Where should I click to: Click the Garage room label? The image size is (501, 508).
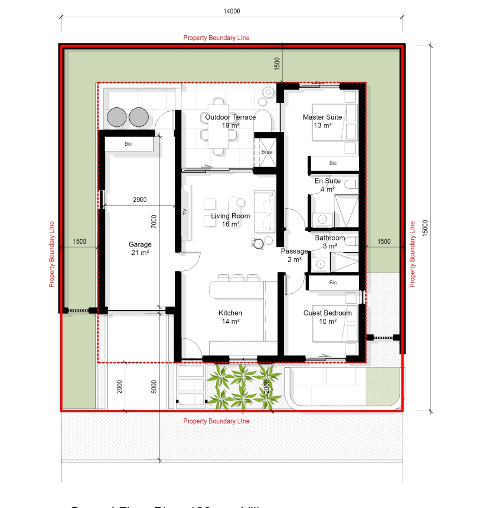coord(140,248)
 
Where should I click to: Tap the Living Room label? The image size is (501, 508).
coord(230,220)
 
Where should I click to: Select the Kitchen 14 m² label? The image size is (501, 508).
coord(230,317)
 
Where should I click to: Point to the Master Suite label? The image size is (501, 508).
coord(322,121)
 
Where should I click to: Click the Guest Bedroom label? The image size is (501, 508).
coord(327,317)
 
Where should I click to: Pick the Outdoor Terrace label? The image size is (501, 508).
coord(230,121)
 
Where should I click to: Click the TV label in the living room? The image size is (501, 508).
coord(185,211)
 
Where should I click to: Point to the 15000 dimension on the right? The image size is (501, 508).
coord(426,229)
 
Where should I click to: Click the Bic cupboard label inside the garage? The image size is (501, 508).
coord(128,144)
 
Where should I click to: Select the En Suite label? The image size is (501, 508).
coord(327,185)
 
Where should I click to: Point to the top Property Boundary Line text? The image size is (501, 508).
coord(216,38)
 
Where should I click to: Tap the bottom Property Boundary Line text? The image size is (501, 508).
coord(216,421)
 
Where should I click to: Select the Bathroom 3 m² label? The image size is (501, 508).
coord(330,241)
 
